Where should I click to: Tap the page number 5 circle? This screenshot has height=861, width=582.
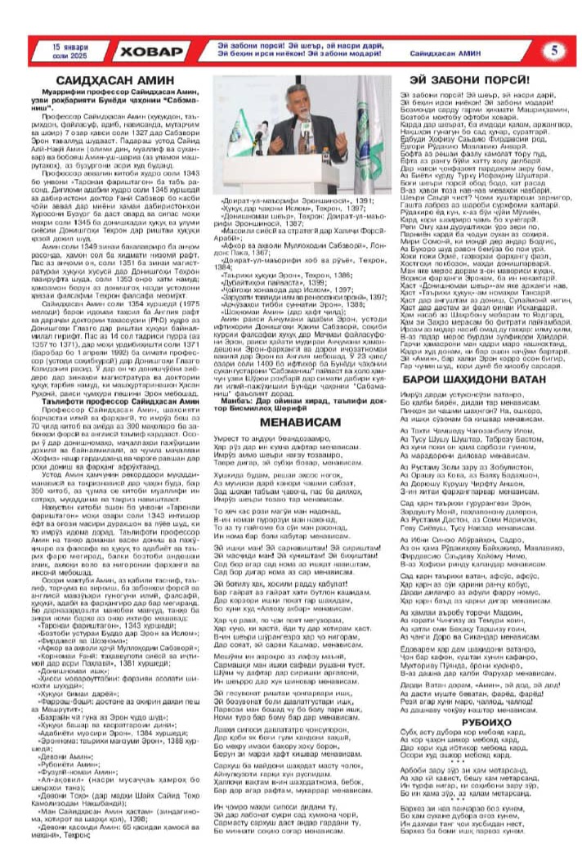pos(554,50)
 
